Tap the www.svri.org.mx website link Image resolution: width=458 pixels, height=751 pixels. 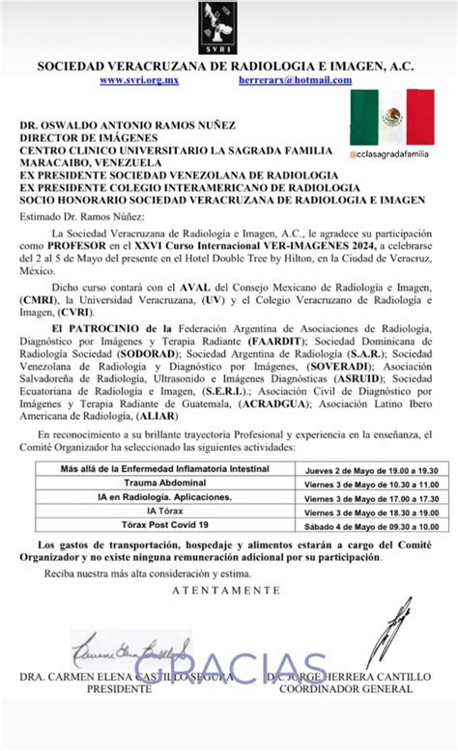click(140, 81)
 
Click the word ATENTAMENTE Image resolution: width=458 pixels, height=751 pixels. click(228, 589)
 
